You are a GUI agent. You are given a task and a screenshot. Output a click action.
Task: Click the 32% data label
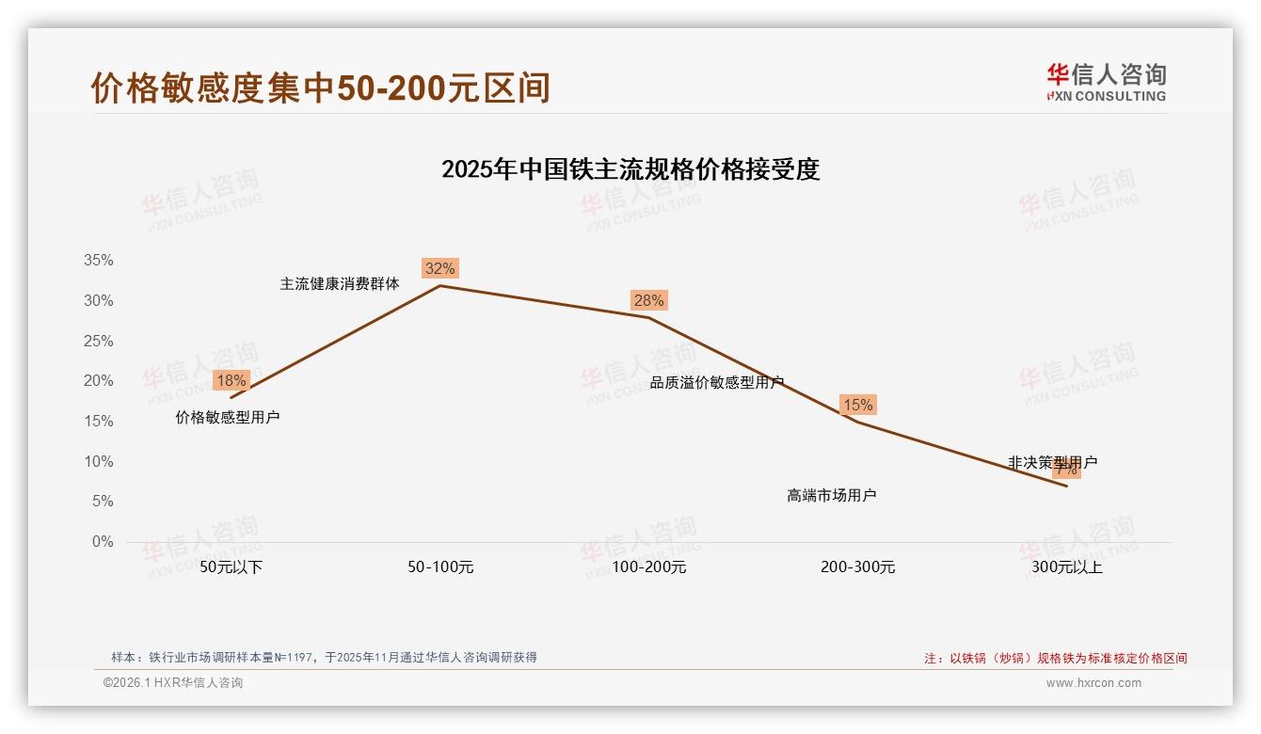pos(439,268)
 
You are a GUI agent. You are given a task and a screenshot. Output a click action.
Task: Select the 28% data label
pos(648,300)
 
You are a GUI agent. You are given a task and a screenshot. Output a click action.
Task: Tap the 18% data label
pos(231,380)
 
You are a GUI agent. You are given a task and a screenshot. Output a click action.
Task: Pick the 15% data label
pos(857,405)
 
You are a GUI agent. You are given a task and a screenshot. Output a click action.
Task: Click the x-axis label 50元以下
pos(231,567)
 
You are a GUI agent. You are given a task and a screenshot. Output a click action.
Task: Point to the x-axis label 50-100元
pos(440,567)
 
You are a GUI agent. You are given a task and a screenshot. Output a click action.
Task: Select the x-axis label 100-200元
pos(649,567)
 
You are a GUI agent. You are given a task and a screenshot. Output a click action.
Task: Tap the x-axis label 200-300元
pos(857,567)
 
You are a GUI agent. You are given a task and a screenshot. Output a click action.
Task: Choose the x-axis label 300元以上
pos(1066,567)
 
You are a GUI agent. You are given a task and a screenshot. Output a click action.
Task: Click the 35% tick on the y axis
pos(98,261)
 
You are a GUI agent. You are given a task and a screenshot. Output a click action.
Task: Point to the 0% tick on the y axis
pos(102,542)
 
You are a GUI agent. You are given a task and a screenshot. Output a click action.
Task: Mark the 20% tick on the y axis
pos(98,381)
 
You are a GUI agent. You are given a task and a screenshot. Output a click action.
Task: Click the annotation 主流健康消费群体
pos(340,283)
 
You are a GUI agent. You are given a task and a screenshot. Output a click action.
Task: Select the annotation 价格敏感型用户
pos(228,417)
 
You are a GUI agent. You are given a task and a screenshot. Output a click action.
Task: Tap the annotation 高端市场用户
pos(832,495)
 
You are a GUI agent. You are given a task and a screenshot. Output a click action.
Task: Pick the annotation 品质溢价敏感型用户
pos(717,382)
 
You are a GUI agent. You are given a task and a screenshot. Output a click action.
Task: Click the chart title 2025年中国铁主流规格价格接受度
pos(630,169)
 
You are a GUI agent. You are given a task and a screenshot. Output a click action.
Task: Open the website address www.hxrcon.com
pos(1093,683)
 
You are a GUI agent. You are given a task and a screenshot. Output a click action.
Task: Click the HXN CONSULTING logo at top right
pos(1106,82)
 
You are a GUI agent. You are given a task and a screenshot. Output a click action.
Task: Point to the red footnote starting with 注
pos(1055,658)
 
